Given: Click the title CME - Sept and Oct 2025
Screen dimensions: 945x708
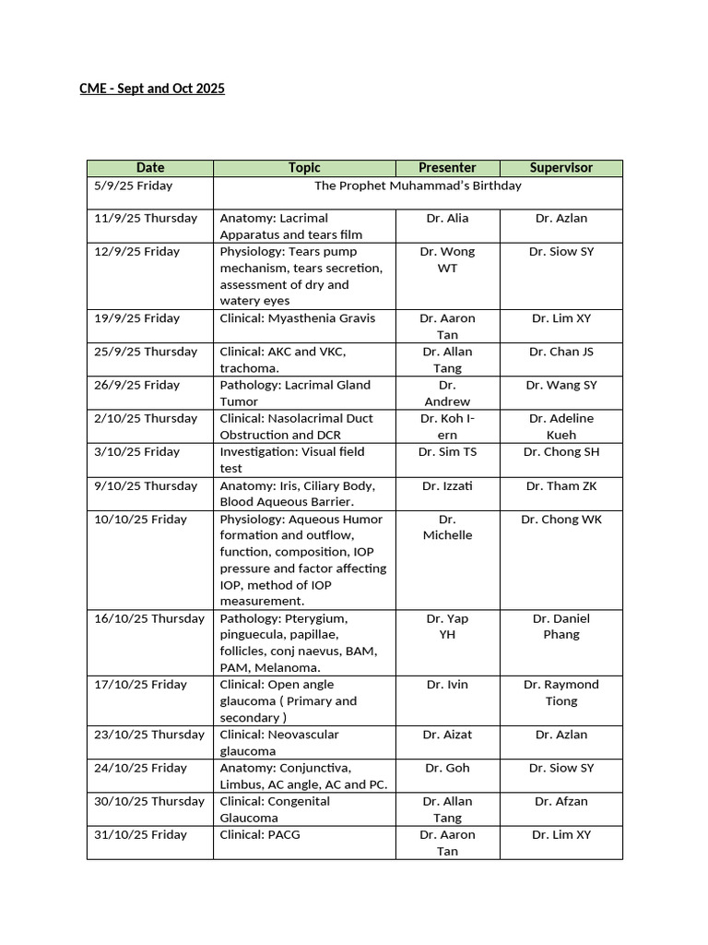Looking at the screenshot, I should click(152, 89).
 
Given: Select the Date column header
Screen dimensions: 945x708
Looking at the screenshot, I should click(150, 168).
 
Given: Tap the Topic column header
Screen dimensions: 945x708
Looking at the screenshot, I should click(304, 168).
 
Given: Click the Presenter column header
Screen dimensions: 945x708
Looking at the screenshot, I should click(447, 168).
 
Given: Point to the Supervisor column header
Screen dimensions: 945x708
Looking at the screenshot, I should click(560, 168).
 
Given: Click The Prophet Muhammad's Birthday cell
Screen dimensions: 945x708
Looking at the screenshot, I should click(418, 185).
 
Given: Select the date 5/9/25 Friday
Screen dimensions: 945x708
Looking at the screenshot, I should click(133, 185).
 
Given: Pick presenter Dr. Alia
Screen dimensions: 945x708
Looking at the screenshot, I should click(447, 219).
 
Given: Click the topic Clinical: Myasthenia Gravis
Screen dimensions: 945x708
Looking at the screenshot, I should click(298, 318).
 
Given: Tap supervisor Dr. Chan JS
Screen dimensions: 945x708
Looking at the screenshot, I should click(560, 352).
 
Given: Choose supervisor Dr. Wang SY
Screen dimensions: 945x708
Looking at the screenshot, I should click(560, 385).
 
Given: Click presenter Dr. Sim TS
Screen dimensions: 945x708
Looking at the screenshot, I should click(447, 452).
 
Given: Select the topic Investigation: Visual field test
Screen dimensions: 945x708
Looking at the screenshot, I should click(291, 460).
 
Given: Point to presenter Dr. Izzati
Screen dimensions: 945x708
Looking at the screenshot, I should click(447, 485).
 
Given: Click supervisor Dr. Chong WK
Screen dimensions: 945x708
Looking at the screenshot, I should click(560, 520).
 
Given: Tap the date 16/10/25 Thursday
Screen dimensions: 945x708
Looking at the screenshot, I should click(148, 618).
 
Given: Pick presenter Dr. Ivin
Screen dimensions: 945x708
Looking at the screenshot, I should click(447, 685).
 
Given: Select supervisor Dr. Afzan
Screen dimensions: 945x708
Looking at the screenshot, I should click(560, 801).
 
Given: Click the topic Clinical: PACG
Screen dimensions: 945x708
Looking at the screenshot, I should click(260, 835).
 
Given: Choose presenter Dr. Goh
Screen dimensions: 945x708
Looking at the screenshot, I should click(447, 768).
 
